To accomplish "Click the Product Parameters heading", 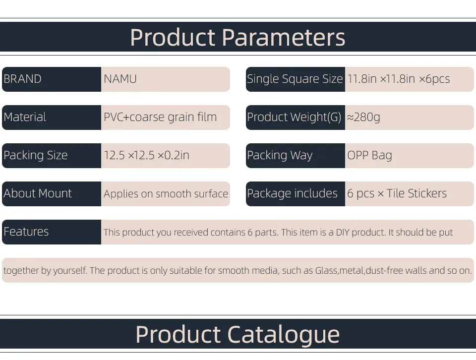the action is [238, 37].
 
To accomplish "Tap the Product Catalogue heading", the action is [238, 335].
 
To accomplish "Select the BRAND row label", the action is [22, 79].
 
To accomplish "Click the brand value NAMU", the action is [120, 79].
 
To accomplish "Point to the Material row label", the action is [25, 117].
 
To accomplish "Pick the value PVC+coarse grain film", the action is [160, 117].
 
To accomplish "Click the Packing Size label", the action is [36, 155].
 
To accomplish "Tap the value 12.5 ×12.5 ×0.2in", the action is [147, 155].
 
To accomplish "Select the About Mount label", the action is [38, 193].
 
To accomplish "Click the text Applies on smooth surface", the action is [166, 194].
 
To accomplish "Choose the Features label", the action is [26, 232].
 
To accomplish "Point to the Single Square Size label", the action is [295, 79].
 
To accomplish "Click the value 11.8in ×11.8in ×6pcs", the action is [399, 79].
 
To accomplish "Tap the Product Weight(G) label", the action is [294, 117].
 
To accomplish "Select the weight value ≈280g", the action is [363, 117].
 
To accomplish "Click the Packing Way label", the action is [280, 155].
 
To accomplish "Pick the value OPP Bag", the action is [370, 155].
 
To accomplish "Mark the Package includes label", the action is [293, 193].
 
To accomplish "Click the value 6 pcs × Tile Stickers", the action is [397, 193].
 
